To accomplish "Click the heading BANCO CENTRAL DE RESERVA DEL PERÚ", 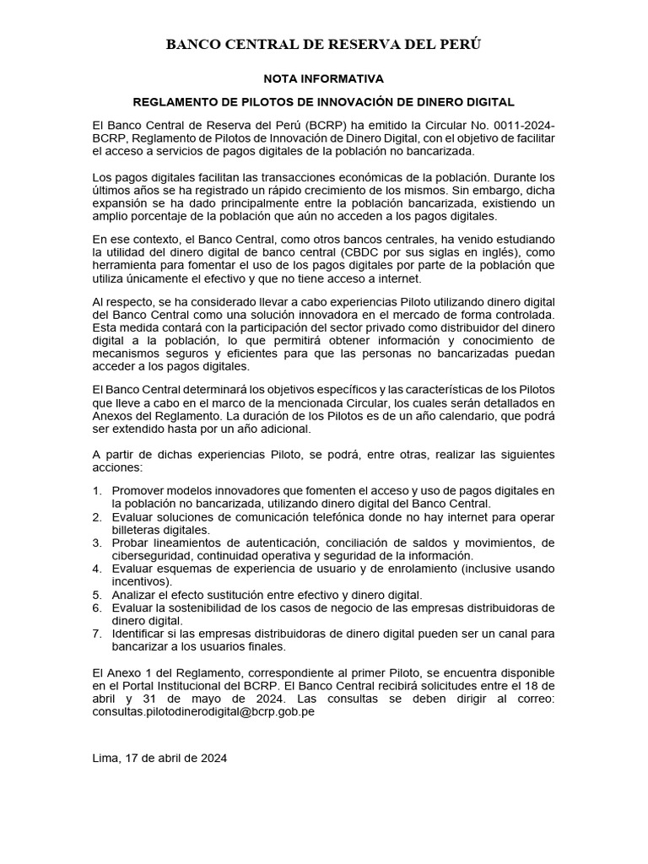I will pos(323,45).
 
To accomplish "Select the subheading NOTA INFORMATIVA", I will pos(323,78).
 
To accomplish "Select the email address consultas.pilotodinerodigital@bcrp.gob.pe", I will pos(203,711).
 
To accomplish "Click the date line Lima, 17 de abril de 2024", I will pos(159,758).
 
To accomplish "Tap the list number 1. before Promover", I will pos(97,490).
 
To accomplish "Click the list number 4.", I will pos(97,569).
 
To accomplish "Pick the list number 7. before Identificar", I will pos(97,634).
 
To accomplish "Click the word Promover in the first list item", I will pos(142,490).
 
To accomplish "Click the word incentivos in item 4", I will pos(140,581).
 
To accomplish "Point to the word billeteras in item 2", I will pos(138,529).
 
